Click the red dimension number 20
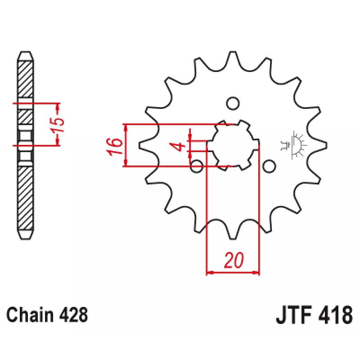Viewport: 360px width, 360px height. click(234, 260)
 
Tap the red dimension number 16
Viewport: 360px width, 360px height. click(114, 147)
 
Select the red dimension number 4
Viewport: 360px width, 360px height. click(177, 146)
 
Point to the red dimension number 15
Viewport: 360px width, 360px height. click(57, 125)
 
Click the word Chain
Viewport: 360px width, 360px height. click(30, 315)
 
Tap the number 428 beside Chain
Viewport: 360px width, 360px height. click(73, 315)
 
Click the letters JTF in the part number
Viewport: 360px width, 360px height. click(294, 315)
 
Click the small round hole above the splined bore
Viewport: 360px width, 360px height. click(233, 103)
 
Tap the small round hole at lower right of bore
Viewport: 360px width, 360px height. click(269, 166)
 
